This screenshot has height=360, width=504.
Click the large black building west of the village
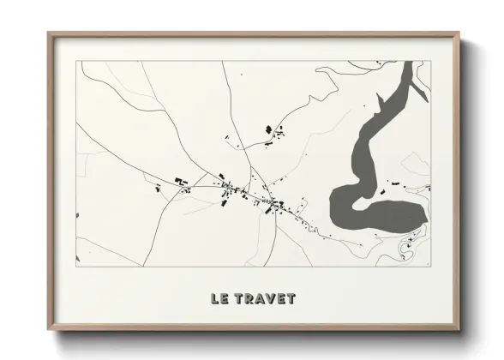(182, 180)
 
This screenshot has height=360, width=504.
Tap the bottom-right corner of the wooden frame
(459, 329)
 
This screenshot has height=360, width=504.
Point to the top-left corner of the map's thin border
(77, 62)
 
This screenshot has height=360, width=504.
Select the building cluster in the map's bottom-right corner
(404, 250)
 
